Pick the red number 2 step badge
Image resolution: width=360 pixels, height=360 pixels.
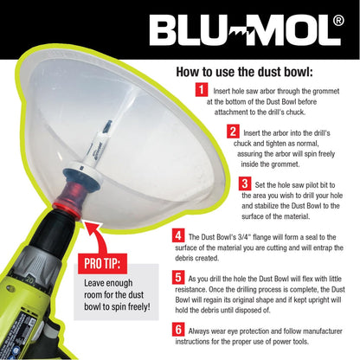233,132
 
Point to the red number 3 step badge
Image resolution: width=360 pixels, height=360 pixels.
246,183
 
